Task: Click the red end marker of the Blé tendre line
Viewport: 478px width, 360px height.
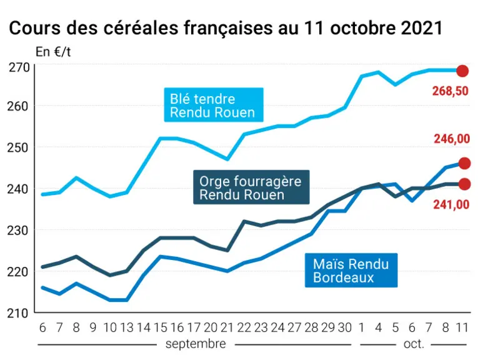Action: pyautogui.click(x=462, y=71)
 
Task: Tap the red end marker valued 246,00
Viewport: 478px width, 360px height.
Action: pyautogui.click(x=465, y=163)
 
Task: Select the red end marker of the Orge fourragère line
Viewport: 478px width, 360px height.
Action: pyautogui.click(x=465, y=184)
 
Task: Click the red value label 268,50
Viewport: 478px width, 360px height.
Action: pyautogui.click(x=451, y=91)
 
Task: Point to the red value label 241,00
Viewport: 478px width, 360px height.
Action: pyautogui.click(x=451, y=204)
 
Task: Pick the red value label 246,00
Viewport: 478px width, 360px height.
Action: pyautogui.click(x=452, y=139)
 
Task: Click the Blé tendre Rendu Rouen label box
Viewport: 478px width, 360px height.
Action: pyautogui.click(x=214, y=105)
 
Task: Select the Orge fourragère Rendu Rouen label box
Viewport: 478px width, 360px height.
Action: pyautogui.click(x=252, y=187)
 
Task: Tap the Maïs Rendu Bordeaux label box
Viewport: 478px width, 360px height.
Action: pyautogui.click(x=351, y=270)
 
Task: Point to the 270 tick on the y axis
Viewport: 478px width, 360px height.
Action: pyautogui.click(x=19, y=67)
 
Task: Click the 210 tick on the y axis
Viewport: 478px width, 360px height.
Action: pyautogui.click(x=17, y=313)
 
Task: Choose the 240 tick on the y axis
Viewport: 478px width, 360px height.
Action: pyautogui.click(x=17, y=189)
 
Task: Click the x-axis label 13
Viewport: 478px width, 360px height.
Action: pyautogui.click(x=127, y=327)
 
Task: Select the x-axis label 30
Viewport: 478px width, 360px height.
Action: pyautogui.click(x=345, y=327)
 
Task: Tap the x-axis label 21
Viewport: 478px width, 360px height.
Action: pyautogui.click(x=227, y=327)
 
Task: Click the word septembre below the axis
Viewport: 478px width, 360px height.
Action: pyautogui.click(x=196, y=344)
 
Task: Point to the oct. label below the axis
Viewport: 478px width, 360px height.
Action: pyautogui.click(x=414, y=344)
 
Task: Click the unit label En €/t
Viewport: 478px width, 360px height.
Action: pyautogui.click(x=53, y=52)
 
